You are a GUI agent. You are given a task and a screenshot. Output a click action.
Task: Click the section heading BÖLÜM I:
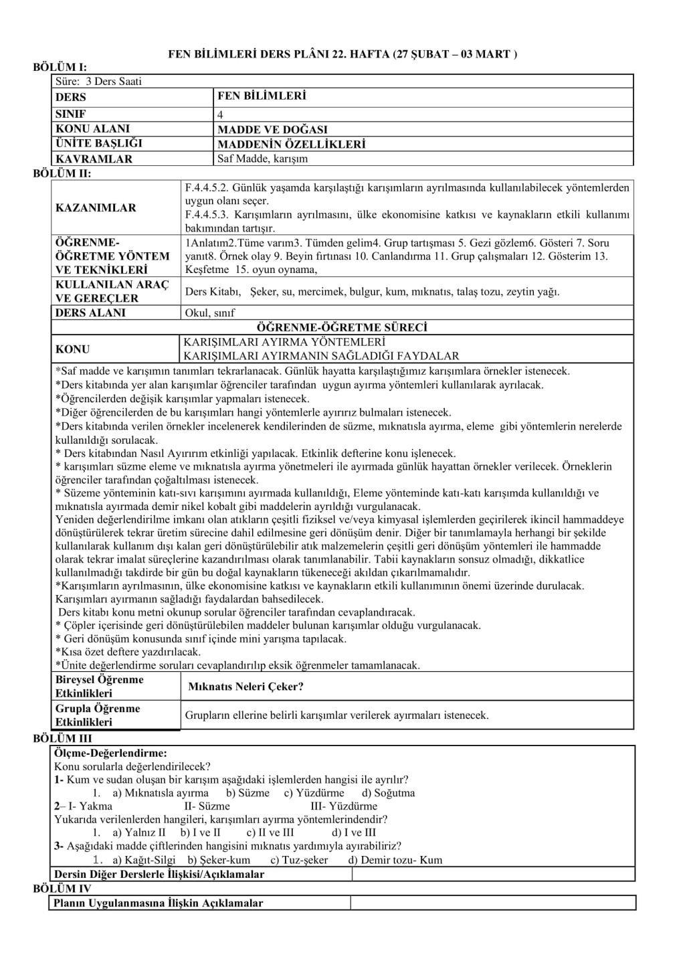pyautogui.click(x=60, y=68)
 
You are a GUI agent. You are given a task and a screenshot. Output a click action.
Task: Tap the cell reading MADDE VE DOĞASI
pyautogui.click(x=272, y=129)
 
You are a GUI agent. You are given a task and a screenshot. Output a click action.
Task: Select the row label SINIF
pyautogui.click(x=71, y=114)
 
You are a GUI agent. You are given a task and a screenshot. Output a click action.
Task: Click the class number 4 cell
pyautogui.click(x=221, y=114)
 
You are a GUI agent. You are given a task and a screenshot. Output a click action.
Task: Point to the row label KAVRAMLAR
pyautogui.click(x=94, y=159)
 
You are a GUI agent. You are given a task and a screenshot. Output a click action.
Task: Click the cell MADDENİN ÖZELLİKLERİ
pyautogui.click(x=292, y=144)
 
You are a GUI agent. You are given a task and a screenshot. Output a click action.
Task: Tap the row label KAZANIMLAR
pyautogui.click(x=96, y=207)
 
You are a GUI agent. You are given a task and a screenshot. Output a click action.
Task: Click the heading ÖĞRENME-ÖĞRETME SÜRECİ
pyautogui.click(x=342, y=327)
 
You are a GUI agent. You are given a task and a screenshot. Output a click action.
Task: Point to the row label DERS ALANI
pyautogui.click(x=90, y=313)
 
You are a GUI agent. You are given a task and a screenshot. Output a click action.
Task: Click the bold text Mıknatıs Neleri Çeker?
pyautogui.click(x=246, y=687)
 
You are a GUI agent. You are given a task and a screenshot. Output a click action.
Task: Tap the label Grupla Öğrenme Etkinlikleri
pyautogui.click(x=98, y=715)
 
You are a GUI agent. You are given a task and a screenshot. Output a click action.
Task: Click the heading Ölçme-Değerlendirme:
pyautogui.click(x=110, y=754)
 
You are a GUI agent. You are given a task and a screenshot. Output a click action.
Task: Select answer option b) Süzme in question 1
pyautogui.click(x=248, y=793)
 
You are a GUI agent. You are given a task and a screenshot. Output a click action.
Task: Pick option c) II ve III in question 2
pyautogui.click(x=270, y=833)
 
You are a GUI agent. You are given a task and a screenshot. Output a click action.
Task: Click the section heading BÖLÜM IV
pyautogui.click(x=62, y=889)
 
